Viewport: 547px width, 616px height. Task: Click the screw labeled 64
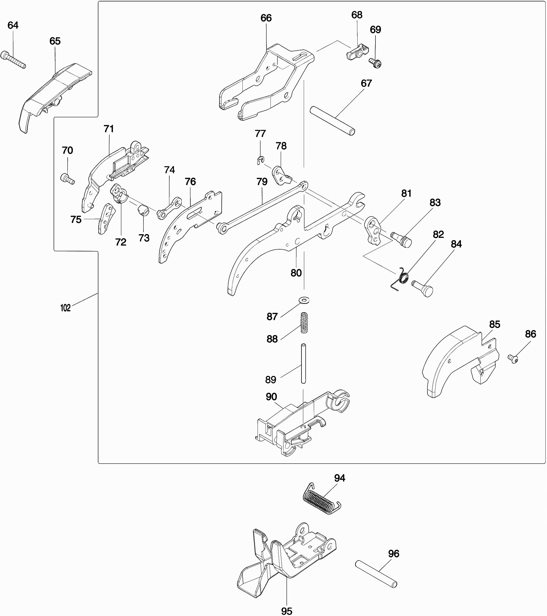13,60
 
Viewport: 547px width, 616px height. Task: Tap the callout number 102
65,308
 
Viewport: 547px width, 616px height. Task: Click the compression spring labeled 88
304,323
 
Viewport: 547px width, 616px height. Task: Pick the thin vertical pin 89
303,364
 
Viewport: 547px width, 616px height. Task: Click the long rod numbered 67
333,120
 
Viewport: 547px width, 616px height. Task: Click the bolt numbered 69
375,63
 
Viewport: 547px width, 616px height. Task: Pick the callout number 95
286,610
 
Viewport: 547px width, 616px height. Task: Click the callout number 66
266,18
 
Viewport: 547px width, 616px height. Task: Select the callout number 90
271,396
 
